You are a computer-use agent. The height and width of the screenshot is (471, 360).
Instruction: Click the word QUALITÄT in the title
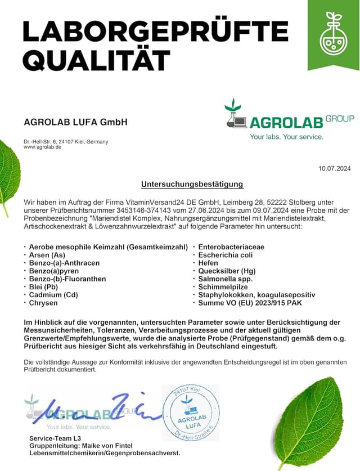tap(96, 59)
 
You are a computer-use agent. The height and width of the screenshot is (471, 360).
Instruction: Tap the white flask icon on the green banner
tap(334, 35)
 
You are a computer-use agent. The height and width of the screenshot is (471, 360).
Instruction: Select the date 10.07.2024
tap(334, 168)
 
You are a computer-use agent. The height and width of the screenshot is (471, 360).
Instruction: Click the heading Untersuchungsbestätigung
tap(192, 184)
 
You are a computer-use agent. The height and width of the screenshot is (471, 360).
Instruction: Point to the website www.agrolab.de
tap(43, 147)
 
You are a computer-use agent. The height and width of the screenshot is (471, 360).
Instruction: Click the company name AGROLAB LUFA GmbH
tap(75, 122)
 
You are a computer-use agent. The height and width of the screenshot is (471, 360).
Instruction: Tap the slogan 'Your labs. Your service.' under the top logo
tap(287, 137)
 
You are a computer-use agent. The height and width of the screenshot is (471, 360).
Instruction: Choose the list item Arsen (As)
tap(47, 255)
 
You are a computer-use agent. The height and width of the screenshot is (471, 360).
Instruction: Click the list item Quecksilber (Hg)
tap(227, 271)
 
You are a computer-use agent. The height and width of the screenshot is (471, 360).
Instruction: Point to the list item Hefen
tap(209, 263)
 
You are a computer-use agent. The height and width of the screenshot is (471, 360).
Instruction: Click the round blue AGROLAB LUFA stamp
tap(191, 413)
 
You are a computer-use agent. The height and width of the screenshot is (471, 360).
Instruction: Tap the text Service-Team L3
tap(55, 437)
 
